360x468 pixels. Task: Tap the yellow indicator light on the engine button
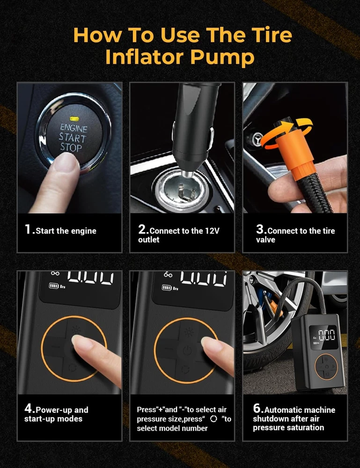point(73,119)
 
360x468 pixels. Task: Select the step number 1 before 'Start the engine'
point(28,229)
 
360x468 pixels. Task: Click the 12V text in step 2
point(212,231)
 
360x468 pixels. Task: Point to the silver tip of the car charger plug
point(187,174)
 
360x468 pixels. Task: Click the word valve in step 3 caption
point(265,240)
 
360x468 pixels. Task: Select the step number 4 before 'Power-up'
point(29,408)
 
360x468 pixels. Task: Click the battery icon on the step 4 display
point(54,286)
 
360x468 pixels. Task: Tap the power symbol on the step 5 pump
point(187,350)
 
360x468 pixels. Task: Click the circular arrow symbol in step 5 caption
point(213,419)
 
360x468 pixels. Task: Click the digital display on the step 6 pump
point(323,336)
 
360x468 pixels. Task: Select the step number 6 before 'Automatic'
point(257,408)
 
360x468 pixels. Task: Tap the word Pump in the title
point(222,57)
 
